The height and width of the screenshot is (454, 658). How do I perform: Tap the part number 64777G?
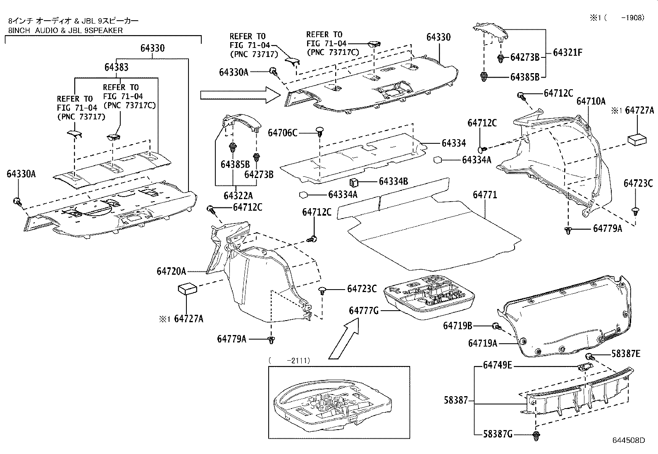coord(363,311)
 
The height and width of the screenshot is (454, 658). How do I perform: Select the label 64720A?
coord(171,271)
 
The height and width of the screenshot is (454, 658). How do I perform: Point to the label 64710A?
coord(591,101)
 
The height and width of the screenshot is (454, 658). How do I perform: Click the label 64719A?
coord(482,343)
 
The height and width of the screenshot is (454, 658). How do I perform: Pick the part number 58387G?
coord(498,434)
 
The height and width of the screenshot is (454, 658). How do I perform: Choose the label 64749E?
coord(498,365)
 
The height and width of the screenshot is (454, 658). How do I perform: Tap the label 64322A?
coord(238,195)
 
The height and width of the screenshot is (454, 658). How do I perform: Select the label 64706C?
coord(282,133)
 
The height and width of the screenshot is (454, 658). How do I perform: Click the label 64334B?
coord(393,181)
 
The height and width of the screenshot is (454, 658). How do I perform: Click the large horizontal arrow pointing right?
coord(234,95)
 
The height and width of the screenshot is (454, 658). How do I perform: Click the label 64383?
coord(117,67)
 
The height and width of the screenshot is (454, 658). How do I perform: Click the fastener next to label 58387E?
coord(589,357)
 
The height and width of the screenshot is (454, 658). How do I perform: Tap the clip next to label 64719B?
coord(496,327)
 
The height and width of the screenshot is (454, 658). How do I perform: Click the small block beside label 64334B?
coord(354,182)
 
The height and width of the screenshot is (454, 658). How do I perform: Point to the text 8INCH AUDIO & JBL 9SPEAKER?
coord(65,30)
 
